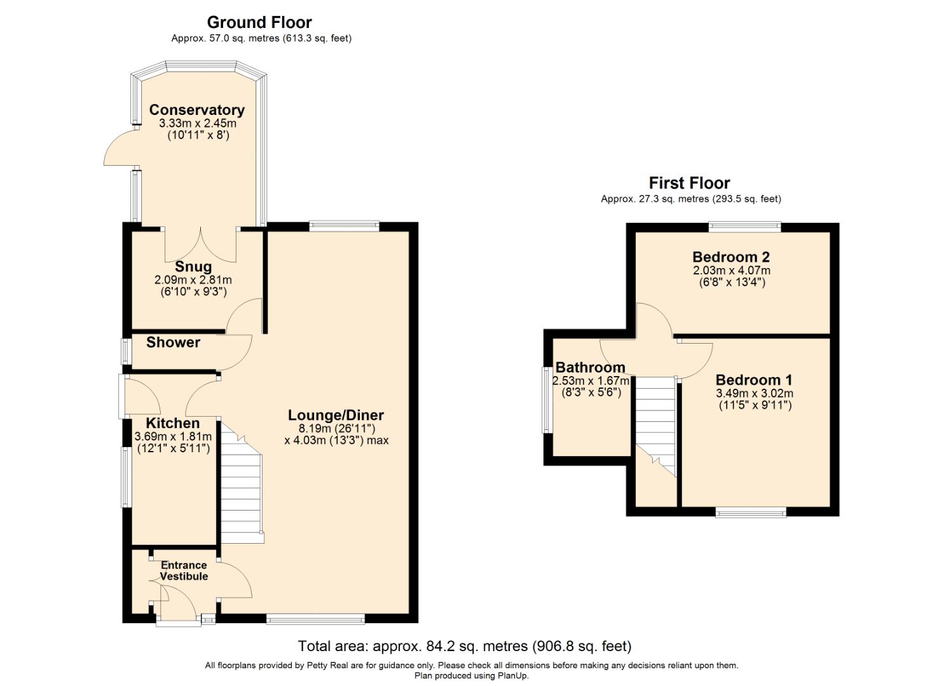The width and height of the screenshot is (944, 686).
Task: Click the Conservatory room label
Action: click(x=196, y=110)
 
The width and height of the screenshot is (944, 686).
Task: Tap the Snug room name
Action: click(x=193, y=267)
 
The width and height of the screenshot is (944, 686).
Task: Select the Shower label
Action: click(x=173, y=342)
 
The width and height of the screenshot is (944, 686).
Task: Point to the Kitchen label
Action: click(x=172, y=423)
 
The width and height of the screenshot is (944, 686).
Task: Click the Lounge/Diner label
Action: click(x=336, y=415)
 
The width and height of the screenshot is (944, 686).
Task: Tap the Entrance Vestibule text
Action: click(x=184, y=570)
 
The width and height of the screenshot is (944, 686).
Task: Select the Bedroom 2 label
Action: click(x=731, y=257)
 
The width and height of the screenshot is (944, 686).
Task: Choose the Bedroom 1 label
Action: click(x=754, y=380)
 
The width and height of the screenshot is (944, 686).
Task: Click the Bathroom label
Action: click(x=590, y=367)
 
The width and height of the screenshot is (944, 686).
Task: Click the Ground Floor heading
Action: click(x=259, y=23)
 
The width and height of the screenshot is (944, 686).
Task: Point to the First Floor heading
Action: click(x=689, y=184)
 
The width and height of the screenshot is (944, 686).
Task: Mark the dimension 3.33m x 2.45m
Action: click(x=196, y=123)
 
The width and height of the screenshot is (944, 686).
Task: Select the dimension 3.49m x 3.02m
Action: click(x=755, y=393)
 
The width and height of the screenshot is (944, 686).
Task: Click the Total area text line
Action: click(x=465, y=646)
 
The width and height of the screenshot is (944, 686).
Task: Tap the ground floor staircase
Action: click(x=242, y=489)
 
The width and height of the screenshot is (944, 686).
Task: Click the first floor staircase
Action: click(x=655, y=419)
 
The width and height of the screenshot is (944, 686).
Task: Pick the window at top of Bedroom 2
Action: click(x=744, y=225)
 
